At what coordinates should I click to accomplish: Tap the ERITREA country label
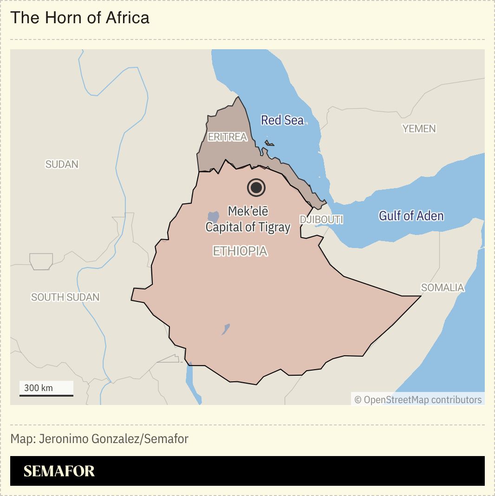(x=228, y=137)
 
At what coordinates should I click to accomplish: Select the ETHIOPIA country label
(x=240, y=251)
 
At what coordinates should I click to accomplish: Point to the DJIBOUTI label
(x=321, y=219)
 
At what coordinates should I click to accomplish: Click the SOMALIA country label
(x=443, y=287)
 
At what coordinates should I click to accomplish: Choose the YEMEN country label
(x=419, y=128)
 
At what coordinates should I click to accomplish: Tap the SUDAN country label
(x=62, y=164)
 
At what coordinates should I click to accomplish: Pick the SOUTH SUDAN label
(x=65, y=297)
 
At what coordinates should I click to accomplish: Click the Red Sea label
(x=282, y=120)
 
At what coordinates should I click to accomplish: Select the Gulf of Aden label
(x=411, y=215)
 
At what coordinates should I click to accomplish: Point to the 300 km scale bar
(x=46, y=394)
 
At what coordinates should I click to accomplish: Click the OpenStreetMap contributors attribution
(x=418, y=399)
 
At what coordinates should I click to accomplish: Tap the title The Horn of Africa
(x=80, y=18)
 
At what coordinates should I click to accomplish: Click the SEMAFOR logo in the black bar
(x=59, y=471)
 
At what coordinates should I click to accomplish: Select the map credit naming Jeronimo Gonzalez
(x=99, y=439)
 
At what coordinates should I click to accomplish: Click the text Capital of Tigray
(x=247, y=227)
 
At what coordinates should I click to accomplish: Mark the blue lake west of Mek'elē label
(x=213, y=216)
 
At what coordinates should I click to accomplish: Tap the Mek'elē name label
(x=248, y=211)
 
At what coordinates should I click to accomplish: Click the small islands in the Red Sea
(x=269, y=144)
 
